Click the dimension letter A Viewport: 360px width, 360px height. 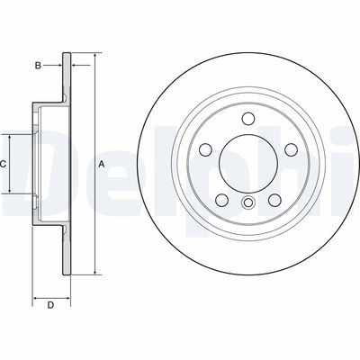pyautogui.click(x=102, y=164)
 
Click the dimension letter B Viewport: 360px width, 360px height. pyautogui.click(x=38, y=64)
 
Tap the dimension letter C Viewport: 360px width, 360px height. pyautogui.click(x=4, y=164)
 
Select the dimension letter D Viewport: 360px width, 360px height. pyautogui.click(x=50, y=304)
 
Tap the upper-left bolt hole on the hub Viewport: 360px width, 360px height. pyautogui.click(x=206, y=148)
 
